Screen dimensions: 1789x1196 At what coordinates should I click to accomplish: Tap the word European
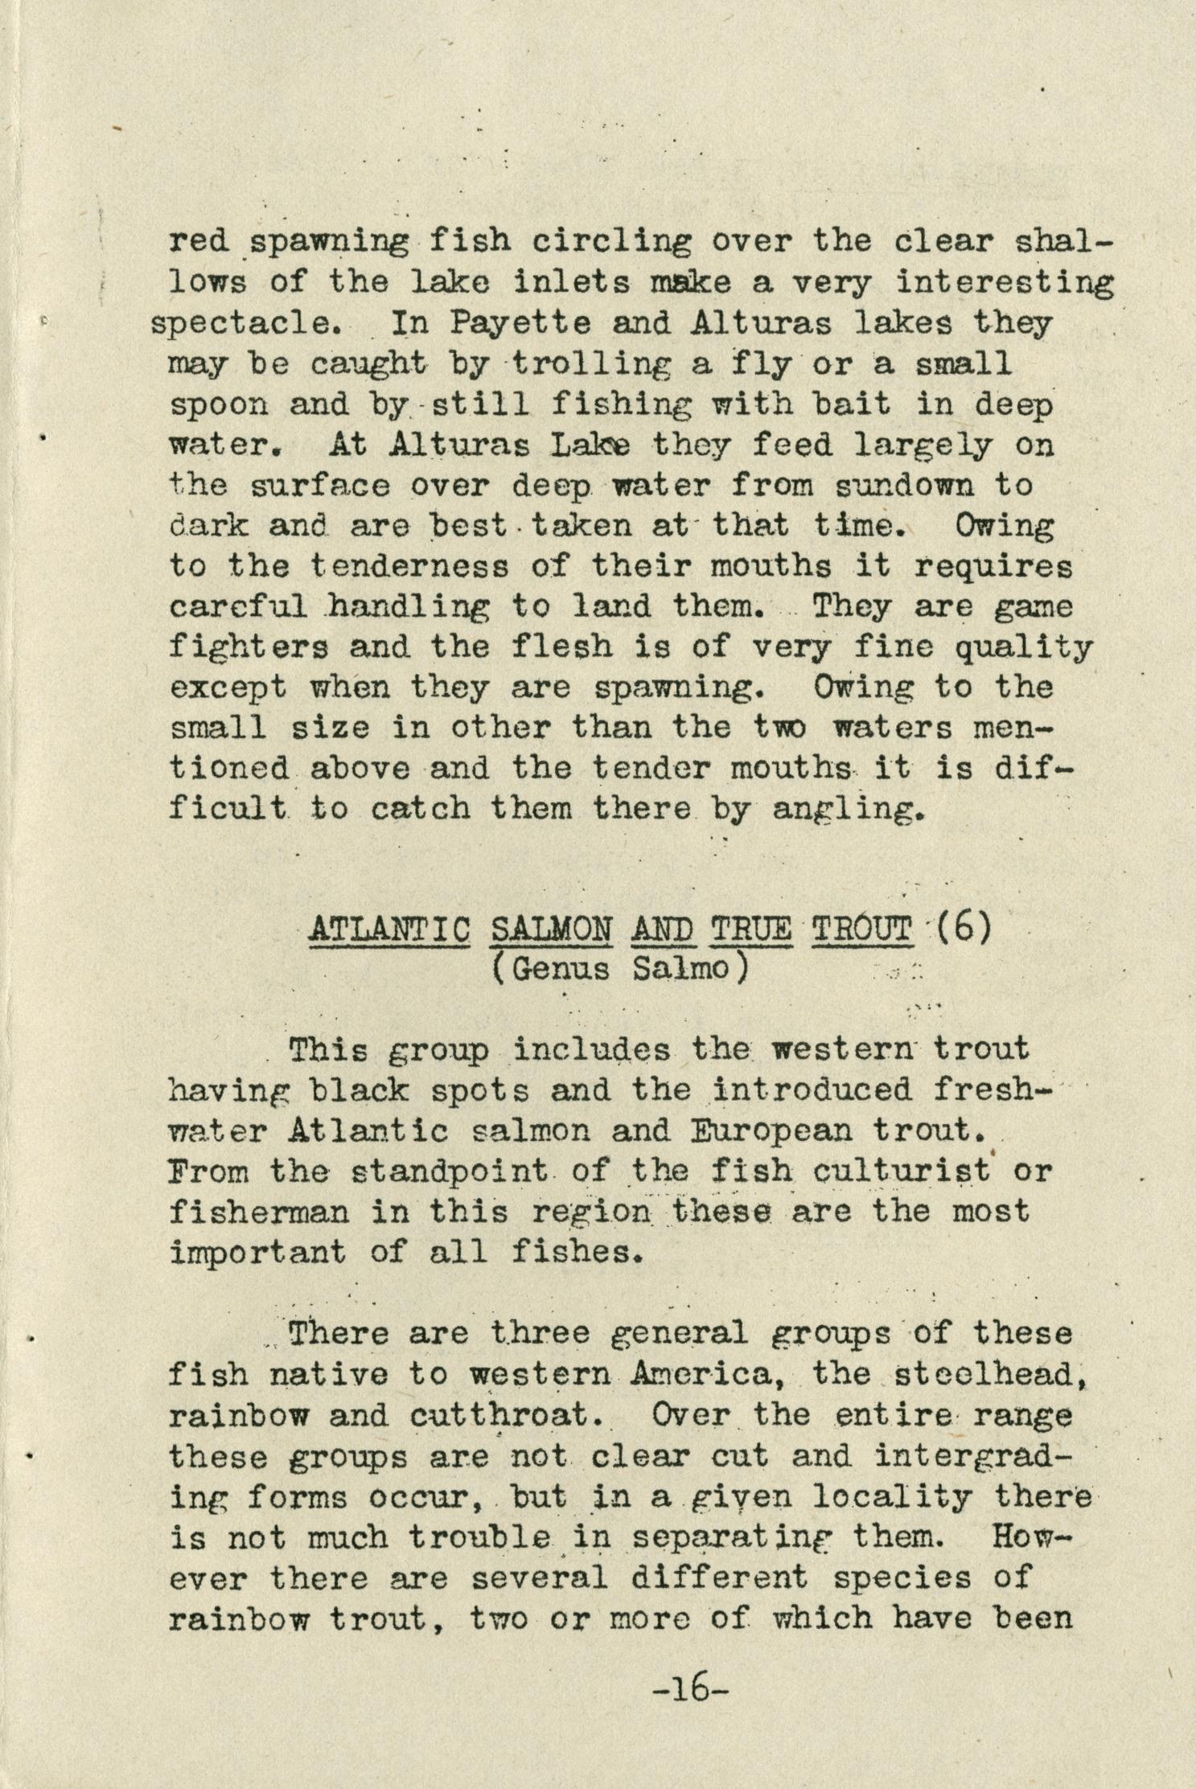772,1131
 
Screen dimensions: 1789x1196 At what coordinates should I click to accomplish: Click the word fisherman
259,1212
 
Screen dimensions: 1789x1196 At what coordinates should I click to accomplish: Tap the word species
891,1578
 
